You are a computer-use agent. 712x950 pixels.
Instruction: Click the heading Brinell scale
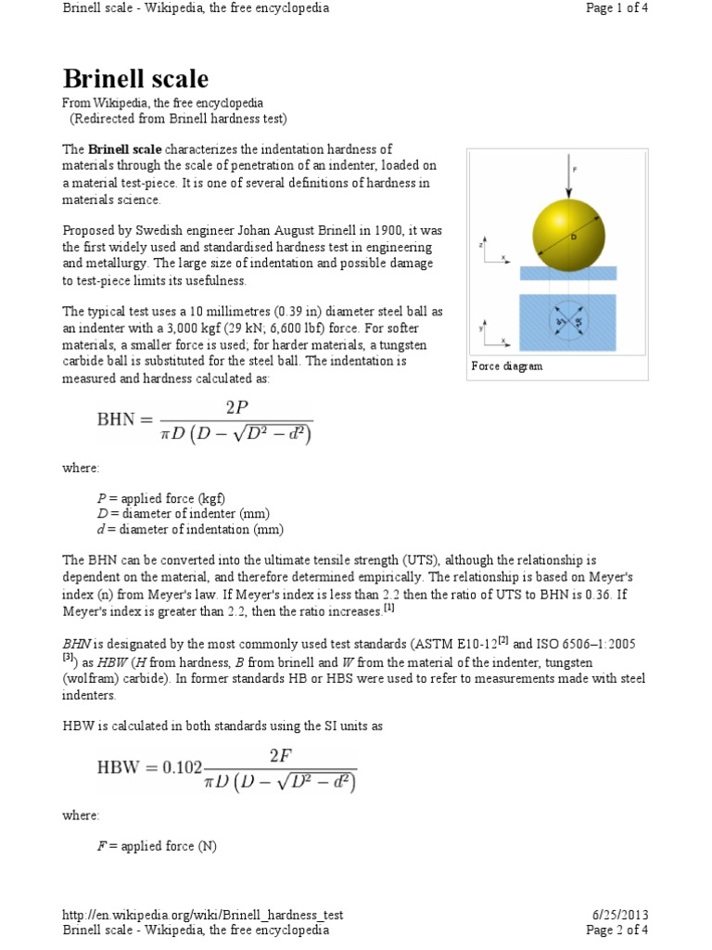(135, 78)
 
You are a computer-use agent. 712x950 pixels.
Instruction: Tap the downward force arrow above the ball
(566, 175)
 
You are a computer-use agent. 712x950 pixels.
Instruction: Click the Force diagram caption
(507, 366)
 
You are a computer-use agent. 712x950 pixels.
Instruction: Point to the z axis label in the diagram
(481, 246)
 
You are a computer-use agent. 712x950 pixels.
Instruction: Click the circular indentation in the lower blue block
(567, 323)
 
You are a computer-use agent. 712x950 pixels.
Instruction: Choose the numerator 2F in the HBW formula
(280, 755)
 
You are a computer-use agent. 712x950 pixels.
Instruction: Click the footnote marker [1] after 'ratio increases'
(389, 610)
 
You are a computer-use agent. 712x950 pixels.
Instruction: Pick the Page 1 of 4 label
(617, 8)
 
